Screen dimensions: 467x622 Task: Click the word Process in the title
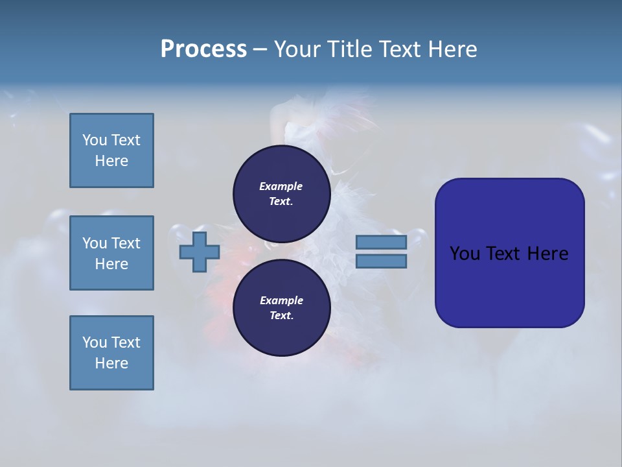pos(203,49)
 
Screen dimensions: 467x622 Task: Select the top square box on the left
pos(111,150)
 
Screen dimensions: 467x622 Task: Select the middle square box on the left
pos(111,253)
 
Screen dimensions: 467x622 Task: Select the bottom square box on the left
pos(111,353)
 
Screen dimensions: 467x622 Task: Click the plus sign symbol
pos(199,252)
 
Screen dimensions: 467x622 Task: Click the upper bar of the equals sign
pos(381,242)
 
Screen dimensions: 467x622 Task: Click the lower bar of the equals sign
pos(381,261)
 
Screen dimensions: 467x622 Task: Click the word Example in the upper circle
pos(281,186)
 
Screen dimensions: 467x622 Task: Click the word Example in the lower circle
pos(281,300)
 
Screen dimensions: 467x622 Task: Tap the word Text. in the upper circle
pos(281,201)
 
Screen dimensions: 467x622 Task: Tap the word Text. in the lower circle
pos(281,315)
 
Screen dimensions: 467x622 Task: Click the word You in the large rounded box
pos(465,254)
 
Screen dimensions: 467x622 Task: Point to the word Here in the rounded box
pos(547,254)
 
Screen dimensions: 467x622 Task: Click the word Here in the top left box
pos(111,161)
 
